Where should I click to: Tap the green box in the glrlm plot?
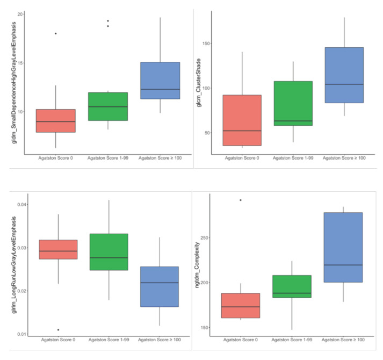(x=109, y=251)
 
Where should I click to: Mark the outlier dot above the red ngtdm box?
(x=240, y=200)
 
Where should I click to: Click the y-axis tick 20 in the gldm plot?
(x=19, y=14)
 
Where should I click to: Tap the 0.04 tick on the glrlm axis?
(x=17, y=205)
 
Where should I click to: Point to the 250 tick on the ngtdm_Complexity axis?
(x=203, y=237)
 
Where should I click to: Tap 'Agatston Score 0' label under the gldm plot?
(x=56, y=158)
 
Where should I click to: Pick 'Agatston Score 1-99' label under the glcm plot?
(x=293, y=158)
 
